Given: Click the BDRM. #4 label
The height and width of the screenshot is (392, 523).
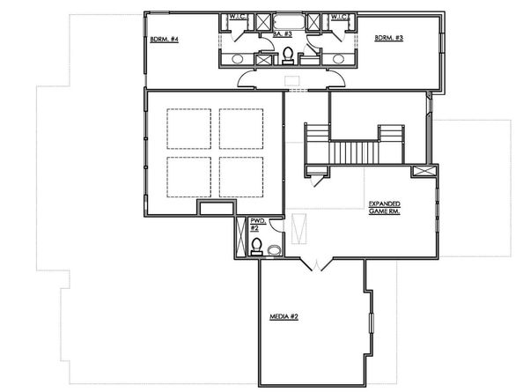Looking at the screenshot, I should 165,40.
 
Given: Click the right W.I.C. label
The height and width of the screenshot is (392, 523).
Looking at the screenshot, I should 342,16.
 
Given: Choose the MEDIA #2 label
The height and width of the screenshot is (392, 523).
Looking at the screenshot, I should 284,316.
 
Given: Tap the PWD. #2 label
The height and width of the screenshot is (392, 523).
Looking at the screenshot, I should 257,225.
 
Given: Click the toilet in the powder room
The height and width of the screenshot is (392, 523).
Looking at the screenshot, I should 256,245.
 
